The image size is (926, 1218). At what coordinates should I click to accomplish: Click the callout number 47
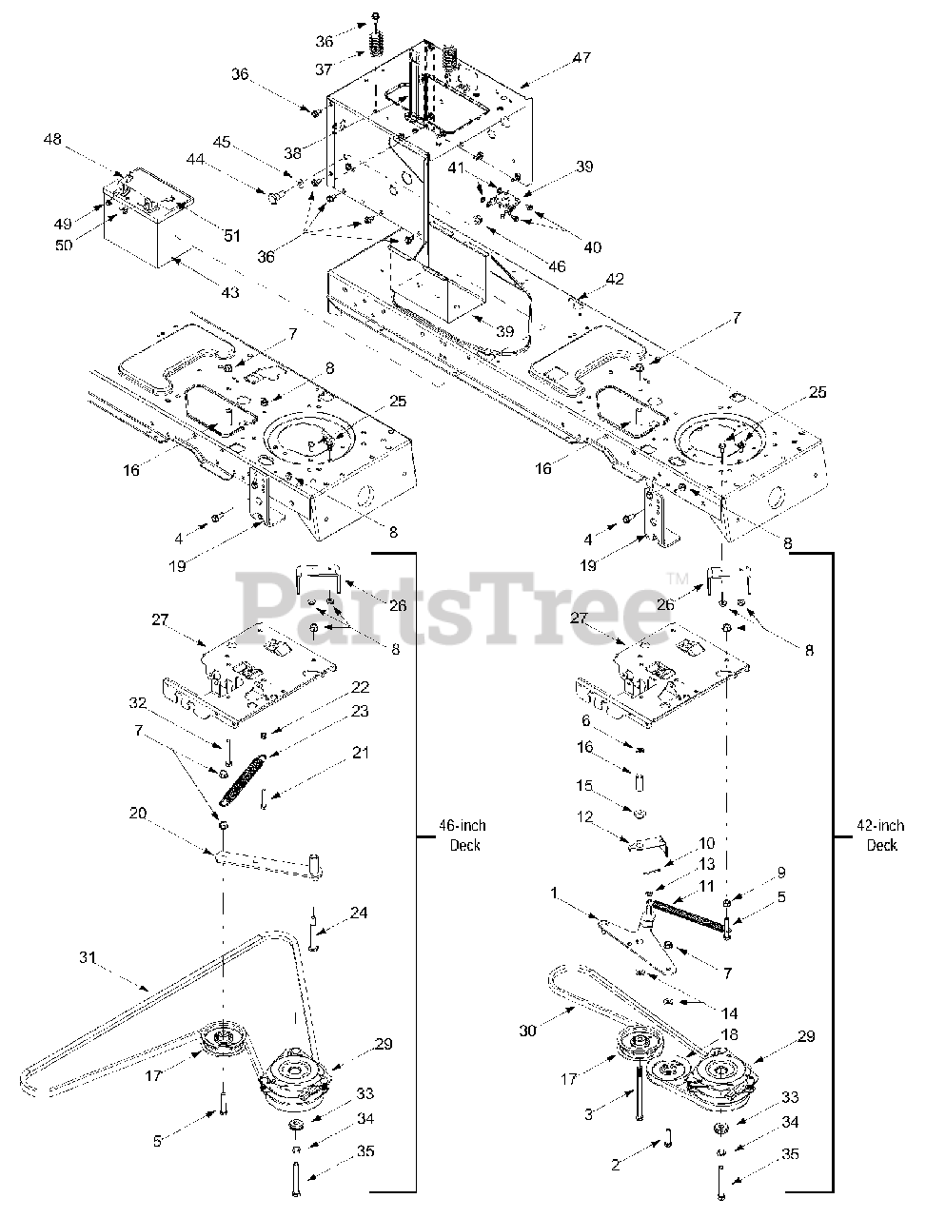coord(581,58)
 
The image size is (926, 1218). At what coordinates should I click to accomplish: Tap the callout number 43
coord(229,293)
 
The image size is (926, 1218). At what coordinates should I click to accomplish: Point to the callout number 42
coord(614,279)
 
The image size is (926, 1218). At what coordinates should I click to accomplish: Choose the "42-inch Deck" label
coord(885,835)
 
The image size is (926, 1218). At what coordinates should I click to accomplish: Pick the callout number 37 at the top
coord(326,67)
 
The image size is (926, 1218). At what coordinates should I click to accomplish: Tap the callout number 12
coord(585,817)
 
